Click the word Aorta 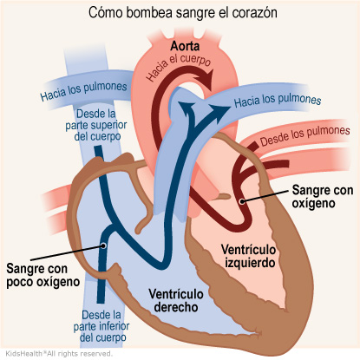(185, 46)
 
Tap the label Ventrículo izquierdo (248, 256)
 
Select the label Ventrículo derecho (176, 300)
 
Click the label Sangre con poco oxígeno (43, 275)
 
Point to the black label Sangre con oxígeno (323, 196)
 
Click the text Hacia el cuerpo (179, 67)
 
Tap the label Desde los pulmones (305, 136)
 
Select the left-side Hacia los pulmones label (83, 90)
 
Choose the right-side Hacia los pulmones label (278, 101)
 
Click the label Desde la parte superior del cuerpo (96, 125)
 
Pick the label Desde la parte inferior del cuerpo (101, 326)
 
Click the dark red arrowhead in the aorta (205, 79)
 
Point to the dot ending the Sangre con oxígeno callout (242, 201)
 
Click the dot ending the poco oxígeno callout (103, 245)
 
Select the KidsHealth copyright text (59, 353)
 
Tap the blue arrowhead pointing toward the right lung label (220, 111)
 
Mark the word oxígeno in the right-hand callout (313, 203)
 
